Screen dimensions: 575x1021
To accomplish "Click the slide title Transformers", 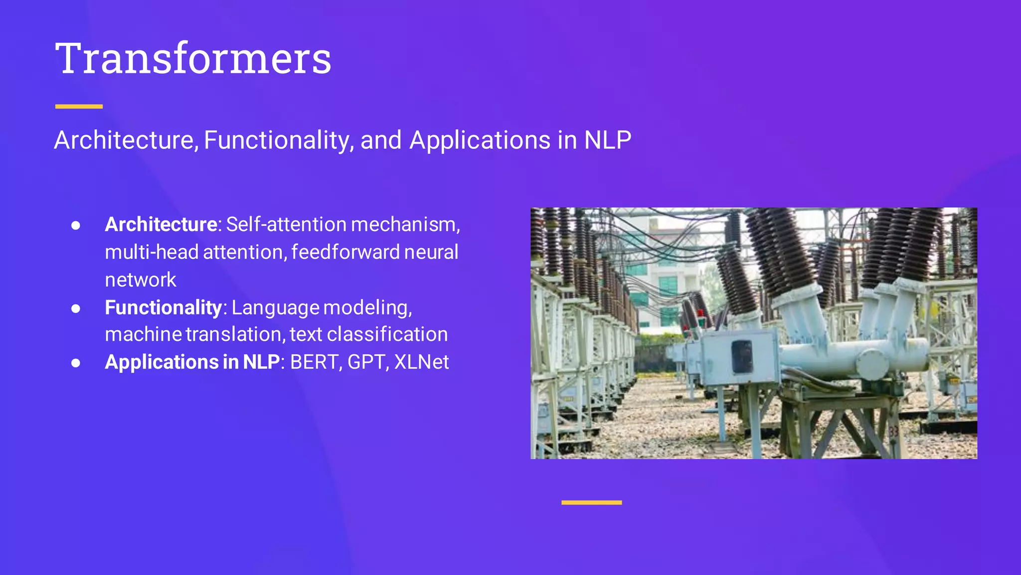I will coord(193,58).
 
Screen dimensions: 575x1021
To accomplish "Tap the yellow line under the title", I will coord(79,106).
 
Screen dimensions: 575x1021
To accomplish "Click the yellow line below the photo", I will coord(591,503).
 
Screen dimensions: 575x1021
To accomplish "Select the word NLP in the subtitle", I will coord(607,140).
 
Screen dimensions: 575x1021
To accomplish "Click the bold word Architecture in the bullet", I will coord(161,225).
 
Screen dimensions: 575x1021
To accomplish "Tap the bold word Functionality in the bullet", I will coord(163,307).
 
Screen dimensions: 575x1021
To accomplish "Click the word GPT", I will coord(366,362).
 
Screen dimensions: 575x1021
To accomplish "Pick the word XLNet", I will coord(421,362).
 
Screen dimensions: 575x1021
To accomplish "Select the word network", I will coord(141,280).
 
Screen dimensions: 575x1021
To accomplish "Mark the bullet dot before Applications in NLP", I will coord(76,363).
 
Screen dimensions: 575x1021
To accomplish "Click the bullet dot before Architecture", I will coord(76,226).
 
